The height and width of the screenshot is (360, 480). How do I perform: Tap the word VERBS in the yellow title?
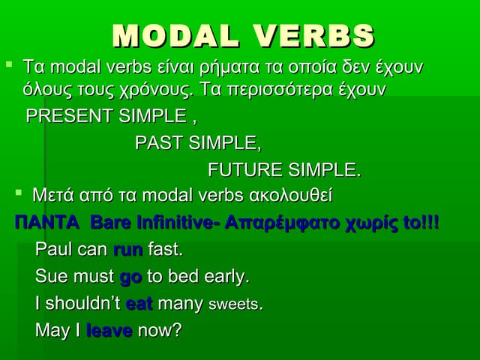click(x=314, y=35)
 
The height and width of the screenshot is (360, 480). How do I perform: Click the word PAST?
click(x=160, y=143)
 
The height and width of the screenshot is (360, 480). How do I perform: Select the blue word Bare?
click(x=108, y=223)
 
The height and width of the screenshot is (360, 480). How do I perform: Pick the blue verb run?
click(x=127, y=249)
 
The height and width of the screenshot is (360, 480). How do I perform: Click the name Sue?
click(x=51, y=276)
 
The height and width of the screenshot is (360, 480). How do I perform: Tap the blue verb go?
click(x=130, y=277)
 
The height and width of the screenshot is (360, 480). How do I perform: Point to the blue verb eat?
click(x=139, y=304)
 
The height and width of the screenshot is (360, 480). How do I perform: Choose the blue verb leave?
click(x=109, y=330)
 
